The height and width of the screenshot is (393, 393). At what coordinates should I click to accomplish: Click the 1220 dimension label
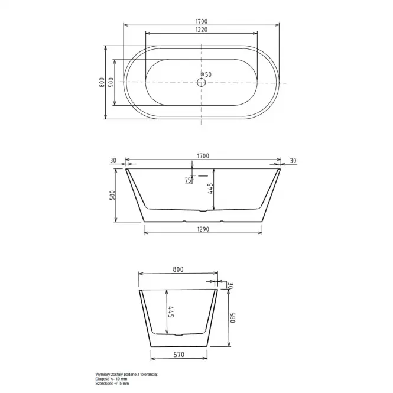click(x=202, y=30)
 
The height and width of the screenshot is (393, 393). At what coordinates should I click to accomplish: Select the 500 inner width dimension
click(x=111, y=82)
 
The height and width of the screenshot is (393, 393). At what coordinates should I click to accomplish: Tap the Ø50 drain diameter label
click(x=206, y=74)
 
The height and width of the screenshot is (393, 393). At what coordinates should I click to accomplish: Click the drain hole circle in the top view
click(x=201, y=82)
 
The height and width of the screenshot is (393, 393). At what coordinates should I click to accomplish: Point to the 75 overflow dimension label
click(x=188, y=180)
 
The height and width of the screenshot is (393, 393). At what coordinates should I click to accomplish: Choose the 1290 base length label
click(x=203, y=229)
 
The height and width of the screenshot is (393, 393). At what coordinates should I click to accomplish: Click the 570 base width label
click(x=178, y=355)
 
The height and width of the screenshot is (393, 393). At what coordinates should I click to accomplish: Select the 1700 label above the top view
click(x=202, y=21)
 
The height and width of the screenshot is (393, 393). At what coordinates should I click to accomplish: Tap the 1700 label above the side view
click(x=203, y=156)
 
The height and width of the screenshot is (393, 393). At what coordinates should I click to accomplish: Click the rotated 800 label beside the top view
click(x=102, y=82)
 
